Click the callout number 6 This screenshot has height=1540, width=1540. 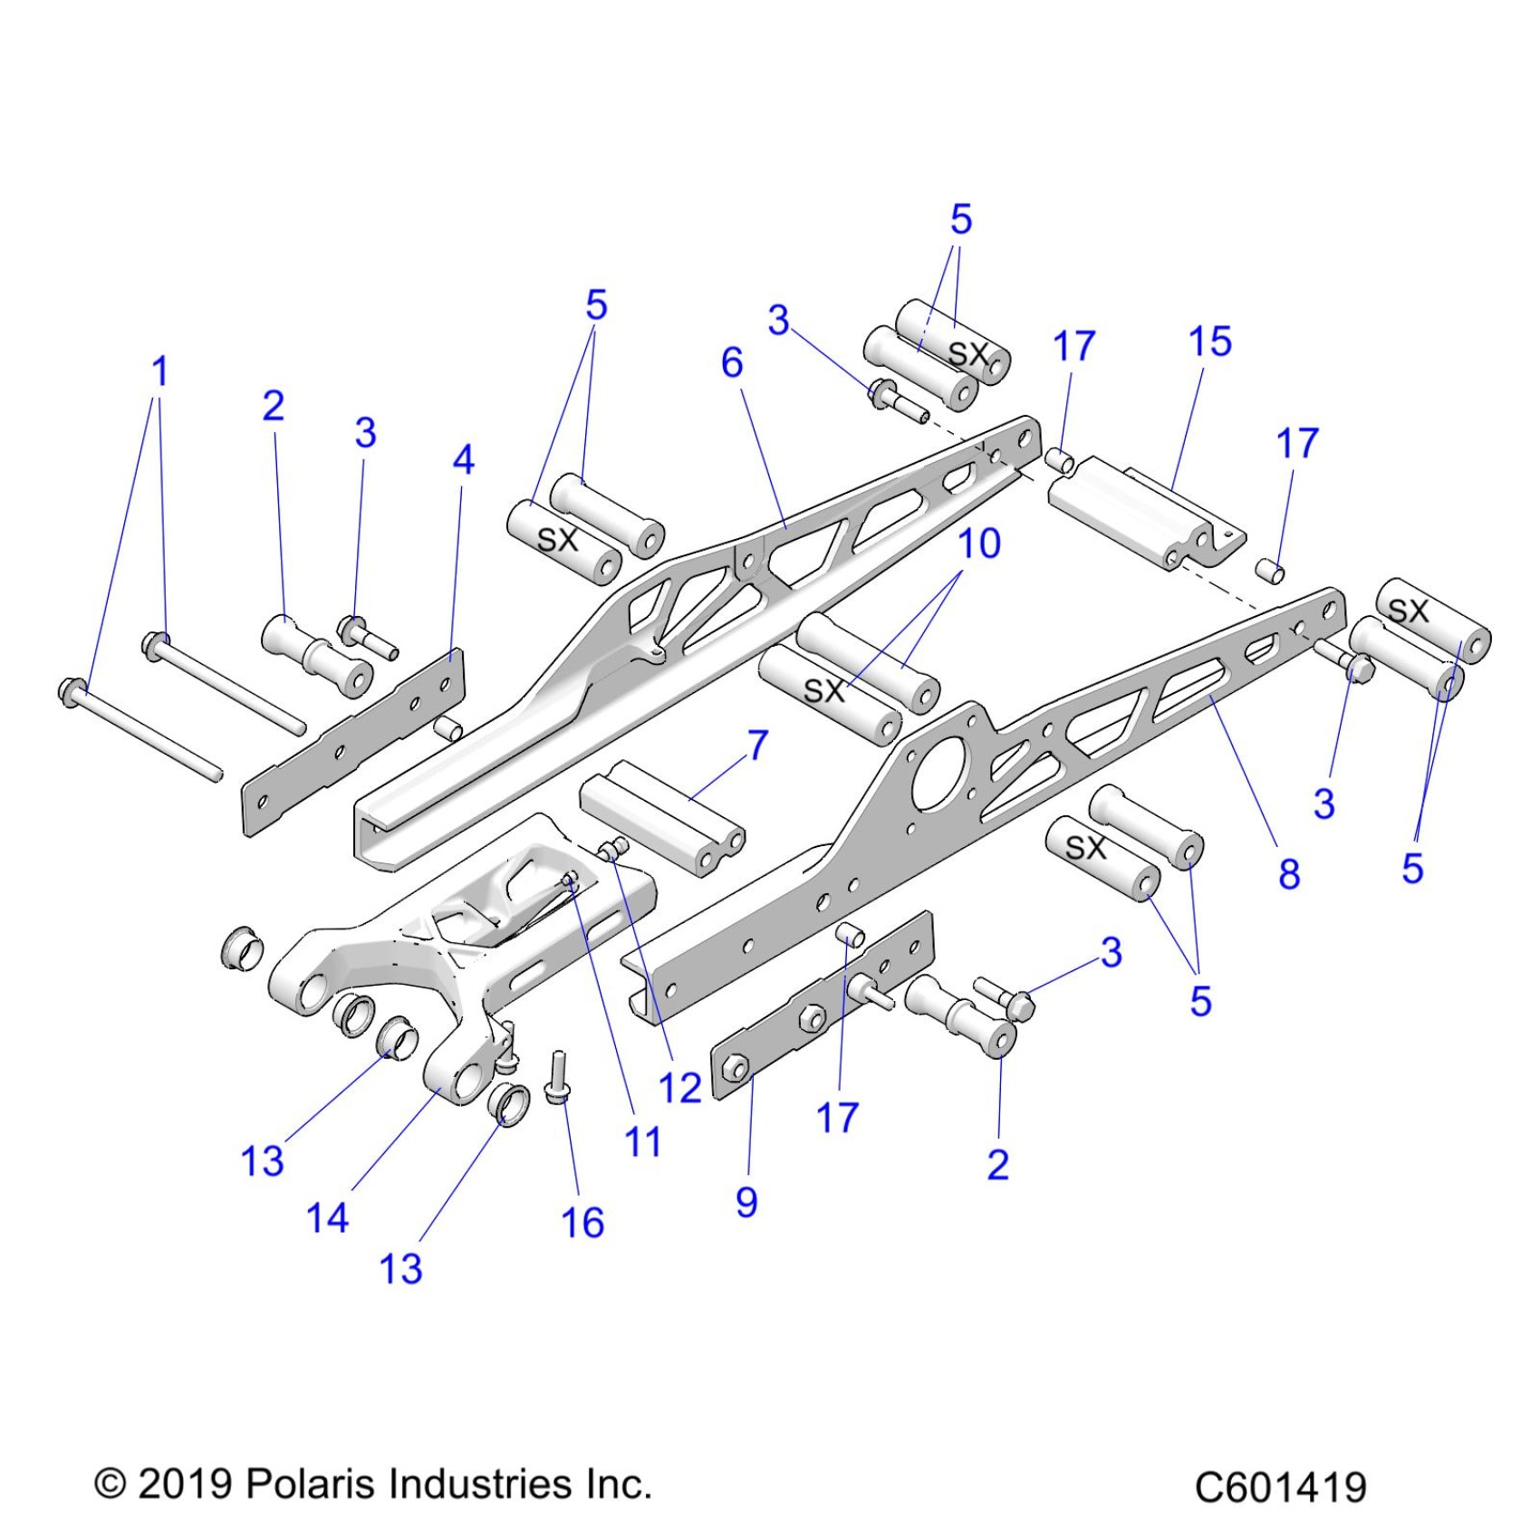pyautogui.click(x=732, y=363)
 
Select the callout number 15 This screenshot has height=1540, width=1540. pyautogui.click(x=1209, y=342)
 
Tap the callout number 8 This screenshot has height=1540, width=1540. pyautogui.click(x=1289, y=874)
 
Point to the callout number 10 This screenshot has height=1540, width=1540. pyautogui.click(x=978, y=544)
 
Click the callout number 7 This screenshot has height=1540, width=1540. pyautogui.click(x=757, y=746)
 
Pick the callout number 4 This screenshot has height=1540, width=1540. pyautogui.click(x=463, y=460)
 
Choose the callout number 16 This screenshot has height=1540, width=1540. pyautogui.click(x=582, y=1223)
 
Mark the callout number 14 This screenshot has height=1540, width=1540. pyautogui.click(x=327, y=1218)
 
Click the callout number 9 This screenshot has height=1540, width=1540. pyautogui.click(x=746, y=1202)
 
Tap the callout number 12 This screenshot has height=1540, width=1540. pyautogui.click(x=679, y=1088)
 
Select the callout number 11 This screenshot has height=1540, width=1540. pyautogui.click(x=642, y=1142)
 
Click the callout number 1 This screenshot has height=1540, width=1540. pyautogui.click(x=159, y=371)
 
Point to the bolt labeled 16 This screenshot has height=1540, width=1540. pyautogui.click(x=556, y=1078)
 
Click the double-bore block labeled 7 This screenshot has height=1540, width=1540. pyautogui.click(x=661, y=816)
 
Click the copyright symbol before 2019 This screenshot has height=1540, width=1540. pyautogui.click(x=111, y=1484)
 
